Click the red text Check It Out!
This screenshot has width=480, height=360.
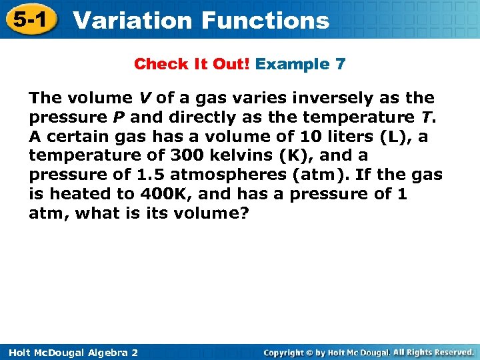click(192, 65)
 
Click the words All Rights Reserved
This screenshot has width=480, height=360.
click(433, 351)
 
